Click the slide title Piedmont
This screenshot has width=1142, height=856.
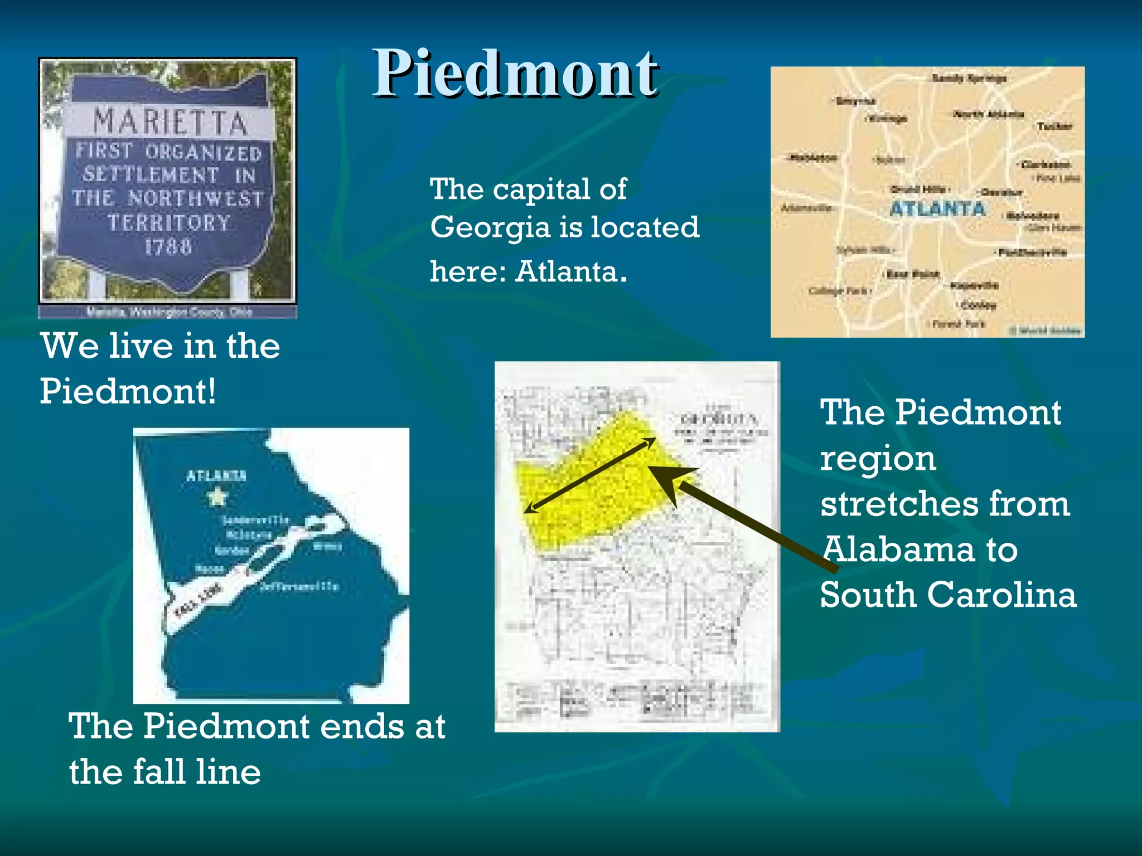(x=515, y=74)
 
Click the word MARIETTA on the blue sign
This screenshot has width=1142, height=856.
(x=170, y=122)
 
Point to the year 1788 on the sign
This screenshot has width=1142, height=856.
(x=168, y=246)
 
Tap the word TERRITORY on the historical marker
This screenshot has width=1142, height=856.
(x=169, y=223)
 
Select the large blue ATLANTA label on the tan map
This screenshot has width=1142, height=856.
(x=937, y=209)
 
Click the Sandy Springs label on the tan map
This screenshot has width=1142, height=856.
(x=969, y=79)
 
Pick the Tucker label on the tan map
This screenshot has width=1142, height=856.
(x=1054, y=127)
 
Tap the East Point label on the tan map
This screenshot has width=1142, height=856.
(x=913, y=274)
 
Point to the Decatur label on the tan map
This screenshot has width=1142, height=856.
(x=1001, y=192)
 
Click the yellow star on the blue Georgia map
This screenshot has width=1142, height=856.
(x=216, y=496)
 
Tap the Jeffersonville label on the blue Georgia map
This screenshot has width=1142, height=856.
(x=299, y=586)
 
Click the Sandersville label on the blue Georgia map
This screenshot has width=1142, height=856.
(x=256, y=520)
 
